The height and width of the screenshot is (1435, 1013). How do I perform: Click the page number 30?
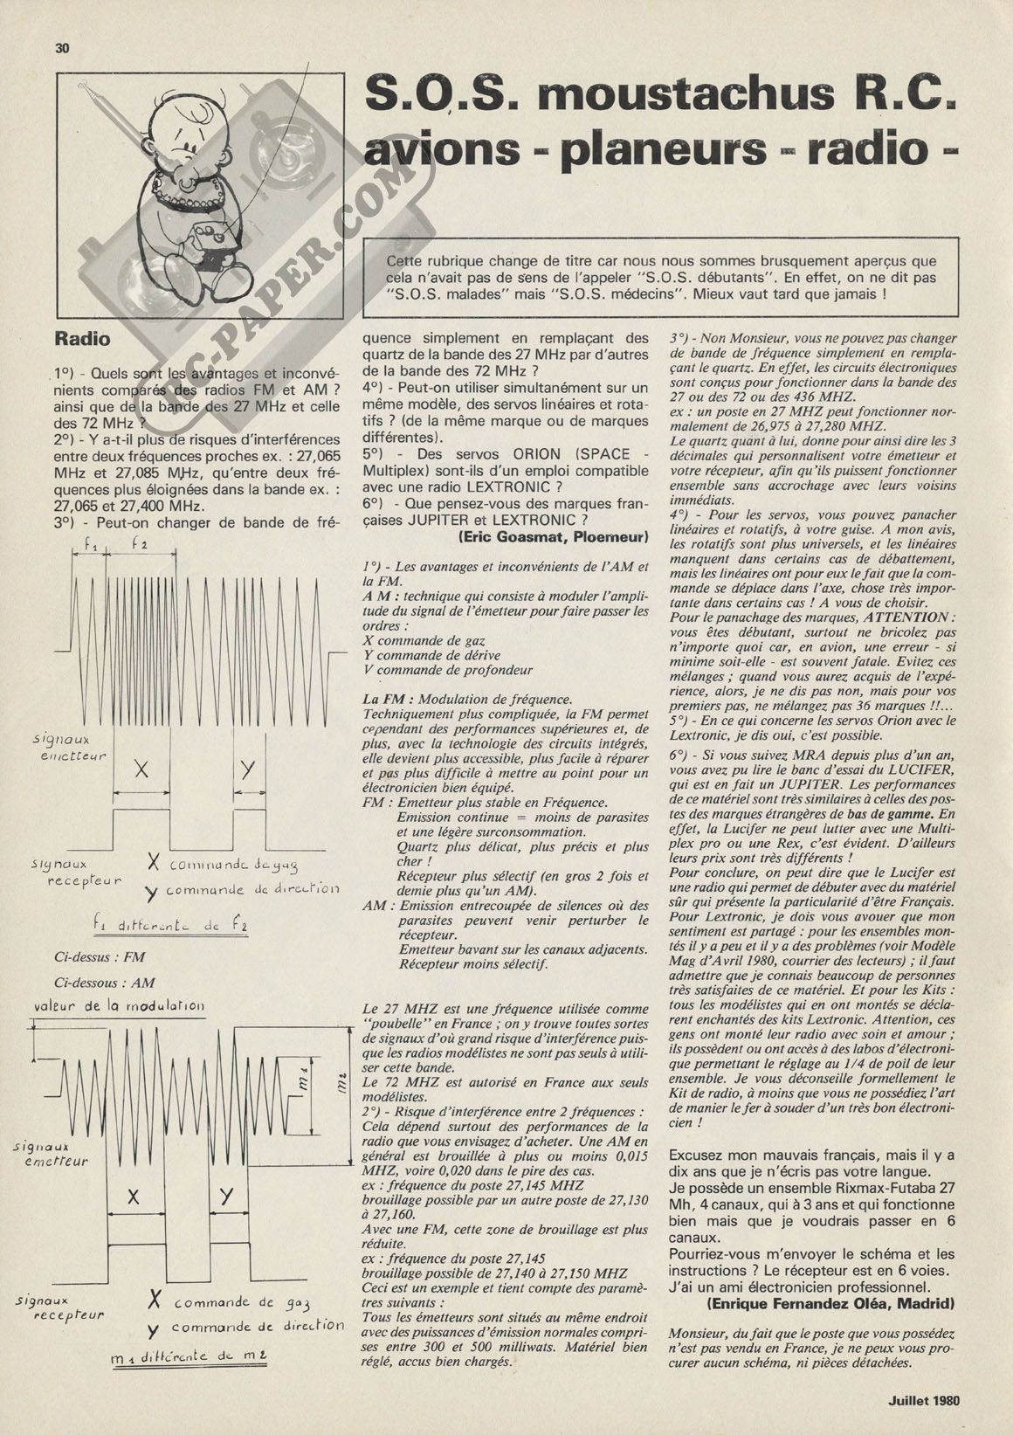click(x=61, y=49)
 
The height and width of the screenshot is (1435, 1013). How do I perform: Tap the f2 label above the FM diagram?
click(x=138, y=544)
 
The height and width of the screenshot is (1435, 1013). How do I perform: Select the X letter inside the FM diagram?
click(x=141, y=769)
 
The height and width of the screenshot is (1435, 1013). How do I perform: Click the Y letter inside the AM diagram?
click(x=227, y=1196)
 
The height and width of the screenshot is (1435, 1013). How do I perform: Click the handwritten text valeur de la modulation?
click(x=119, y=1006)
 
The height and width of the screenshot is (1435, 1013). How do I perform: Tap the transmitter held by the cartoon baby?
click(x=212, y=237)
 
